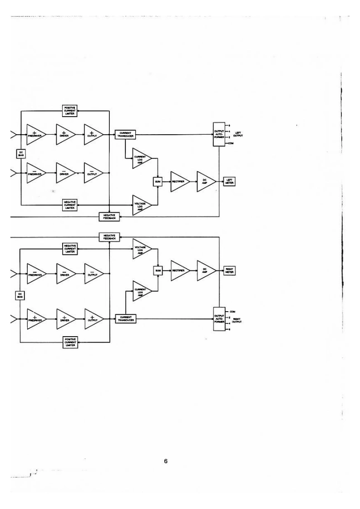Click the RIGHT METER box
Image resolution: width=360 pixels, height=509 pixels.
229,270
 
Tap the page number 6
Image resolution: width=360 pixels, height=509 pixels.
166,461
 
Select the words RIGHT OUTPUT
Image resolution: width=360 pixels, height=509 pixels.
238,320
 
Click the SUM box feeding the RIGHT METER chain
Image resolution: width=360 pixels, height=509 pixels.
158,270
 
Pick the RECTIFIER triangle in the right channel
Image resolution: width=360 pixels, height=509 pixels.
178,270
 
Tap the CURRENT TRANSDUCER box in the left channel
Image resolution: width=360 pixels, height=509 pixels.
126,134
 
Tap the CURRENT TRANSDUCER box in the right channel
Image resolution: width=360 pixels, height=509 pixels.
126,318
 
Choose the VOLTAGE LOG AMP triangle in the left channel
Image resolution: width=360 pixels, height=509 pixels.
140,205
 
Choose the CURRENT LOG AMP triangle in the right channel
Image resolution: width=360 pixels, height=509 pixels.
140,292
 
